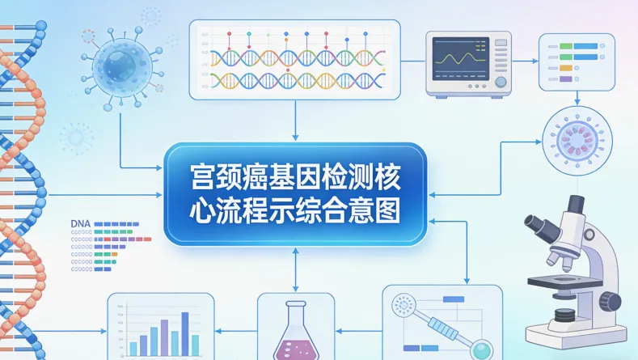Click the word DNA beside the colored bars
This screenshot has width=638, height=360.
[81, 222]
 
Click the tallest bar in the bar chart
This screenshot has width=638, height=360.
[184, 332]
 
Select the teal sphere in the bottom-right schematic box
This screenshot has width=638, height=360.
[482, 349]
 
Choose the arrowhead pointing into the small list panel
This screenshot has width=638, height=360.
[534, 61]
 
